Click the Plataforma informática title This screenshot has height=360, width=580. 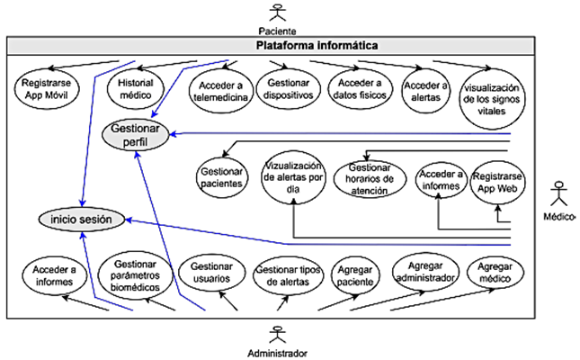pos(316,45)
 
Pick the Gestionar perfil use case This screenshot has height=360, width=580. pos(138,135)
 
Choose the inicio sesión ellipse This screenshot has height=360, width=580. pos(82,219)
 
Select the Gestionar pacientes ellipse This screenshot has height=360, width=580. pos(220,177)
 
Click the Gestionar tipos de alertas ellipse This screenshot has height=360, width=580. pos(284,276)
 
